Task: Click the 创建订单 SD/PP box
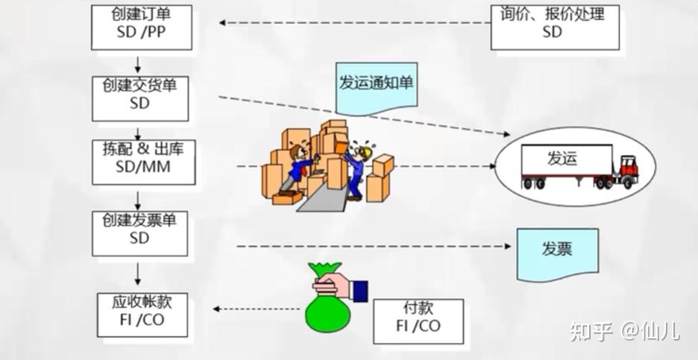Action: point(141,27)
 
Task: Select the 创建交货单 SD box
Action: point(141,97)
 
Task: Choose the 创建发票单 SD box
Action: point(139,232)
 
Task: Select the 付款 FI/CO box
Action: point(418,318)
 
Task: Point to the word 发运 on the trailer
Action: point(564,159)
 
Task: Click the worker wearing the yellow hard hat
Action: point(359,168)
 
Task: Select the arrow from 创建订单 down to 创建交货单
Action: point(138,63)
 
